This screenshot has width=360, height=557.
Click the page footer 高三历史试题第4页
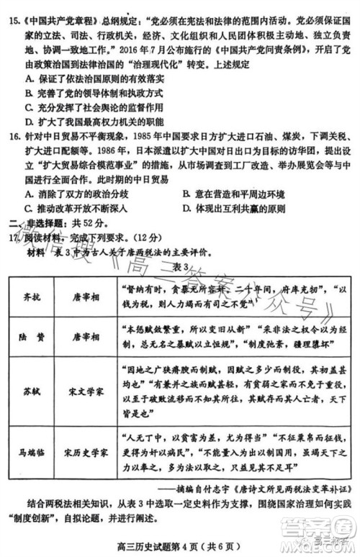(166, 544)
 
